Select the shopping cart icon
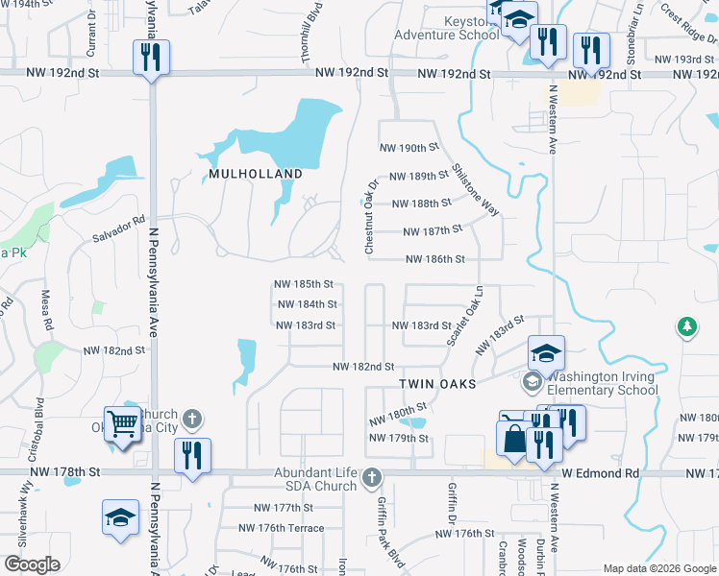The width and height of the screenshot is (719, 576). coord(122,421)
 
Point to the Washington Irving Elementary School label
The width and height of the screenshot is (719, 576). coord(601,383)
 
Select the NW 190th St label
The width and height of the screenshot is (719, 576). coord(409,148)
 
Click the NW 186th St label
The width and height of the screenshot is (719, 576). coord(434,259)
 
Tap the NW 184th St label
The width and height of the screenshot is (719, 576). coord(307,304)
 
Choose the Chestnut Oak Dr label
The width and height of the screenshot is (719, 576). coord(370,216)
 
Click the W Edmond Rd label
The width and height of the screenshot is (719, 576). coord(601,473)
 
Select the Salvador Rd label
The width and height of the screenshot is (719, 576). coord(118,229)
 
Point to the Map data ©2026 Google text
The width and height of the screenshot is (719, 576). coord(658,568)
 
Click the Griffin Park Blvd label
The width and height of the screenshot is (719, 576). coord(388,516)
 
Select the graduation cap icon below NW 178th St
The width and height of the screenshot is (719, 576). coord(120,516)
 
